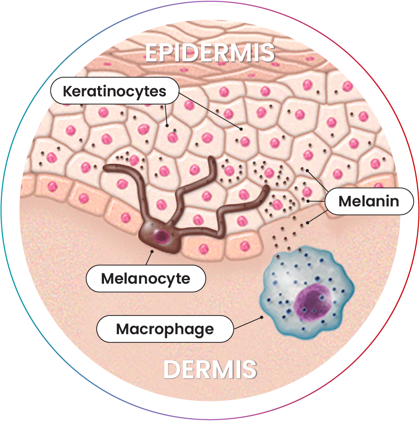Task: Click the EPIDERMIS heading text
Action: coord(210,53)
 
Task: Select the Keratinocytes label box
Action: coord(114,91)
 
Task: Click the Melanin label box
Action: coord(369,201)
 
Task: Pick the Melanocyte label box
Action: coord(145,278)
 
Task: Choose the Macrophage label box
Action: coord(165,329)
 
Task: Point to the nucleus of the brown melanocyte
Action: coord(160,236)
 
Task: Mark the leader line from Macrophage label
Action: coord(247,322)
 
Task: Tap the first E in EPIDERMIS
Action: coord(151,53)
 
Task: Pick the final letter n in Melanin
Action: coord(394,201)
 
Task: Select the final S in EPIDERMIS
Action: coord(268,53)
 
